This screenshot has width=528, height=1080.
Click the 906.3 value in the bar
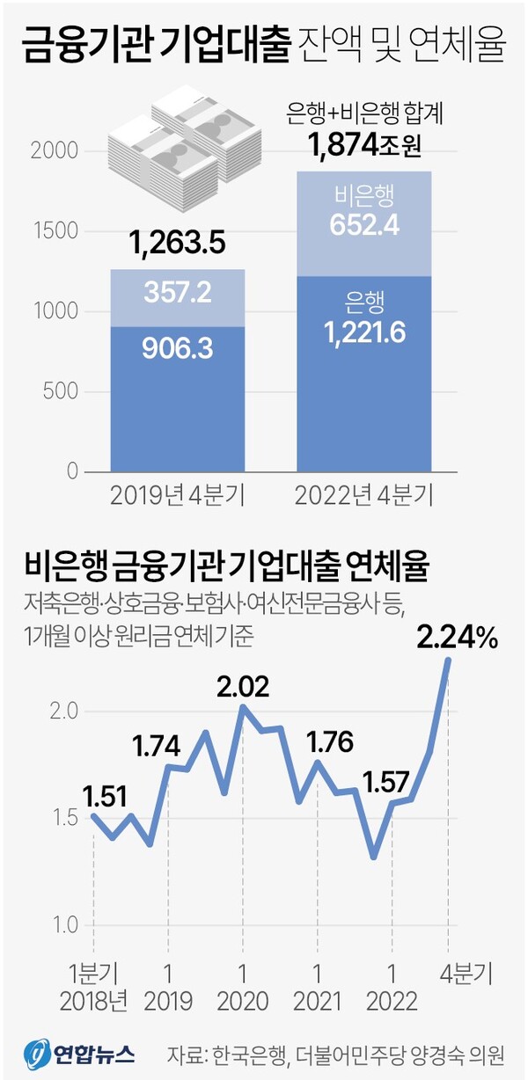[178, 350]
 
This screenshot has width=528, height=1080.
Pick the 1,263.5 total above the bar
[178, 241]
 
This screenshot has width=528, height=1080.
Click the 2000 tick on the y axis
[56, 152]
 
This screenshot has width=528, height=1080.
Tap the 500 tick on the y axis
[63, 392]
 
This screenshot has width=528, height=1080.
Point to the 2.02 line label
[241, 686]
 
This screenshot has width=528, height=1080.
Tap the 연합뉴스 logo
[79, 1052]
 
